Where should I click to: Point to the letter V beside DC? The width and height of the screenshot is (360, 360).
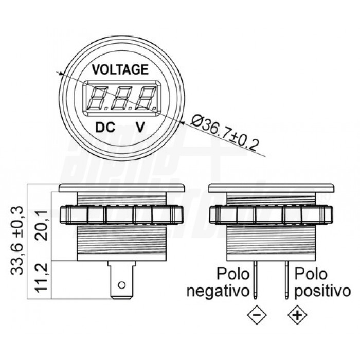[139, 127]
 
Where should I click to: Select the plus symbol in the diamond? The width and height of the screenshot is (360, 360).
[296, 315]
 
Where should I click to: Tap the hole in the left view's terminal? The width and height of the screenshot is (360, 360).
[122, 285]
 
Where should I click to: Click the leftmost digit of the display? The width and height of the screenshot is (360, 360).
[98, 98]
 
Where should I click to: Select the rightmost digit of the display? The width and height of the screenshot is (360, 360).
[147, 98]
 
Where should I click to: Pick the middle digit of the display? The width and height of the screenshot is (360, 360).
[122, 98]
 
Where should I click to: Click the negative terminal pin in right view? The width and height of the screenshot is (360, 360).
[256, 280]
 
